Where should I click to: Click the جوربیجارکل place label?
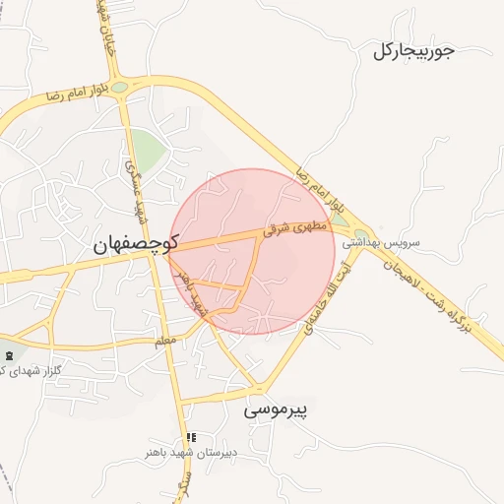[x=413, y=51]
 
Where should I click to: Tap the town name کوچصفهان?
[x=134, y=246]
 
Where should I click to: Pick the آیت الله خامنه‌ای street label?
[x=324, y=296]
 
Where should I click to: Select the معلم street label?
[x=166, y=341]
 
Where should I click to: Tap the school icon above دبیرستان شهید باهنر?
[x=191, y=437]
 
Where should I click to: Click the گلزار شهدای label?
[x=24, y=369]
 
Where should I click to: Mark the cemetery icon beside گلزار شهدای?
[x=10, y=354]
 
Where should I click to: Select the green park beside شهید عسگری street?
[x=148, y=151]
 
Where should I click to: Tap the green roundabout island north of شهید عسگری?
[x=119, y=88]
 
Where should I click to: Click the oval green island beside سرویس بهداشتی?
[x=361, y=234]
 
